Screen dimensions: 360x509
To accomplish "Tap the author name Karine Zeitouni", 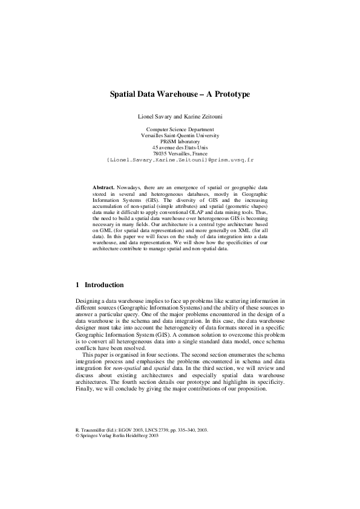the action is point(201,115).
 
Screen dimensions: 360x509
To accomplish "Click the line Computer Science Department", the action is point(180,129).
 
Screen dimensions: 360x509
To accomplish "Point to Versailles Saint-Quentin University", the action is point(180,136).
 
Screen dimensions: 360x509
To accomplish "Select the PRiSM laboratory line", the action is point(180,142).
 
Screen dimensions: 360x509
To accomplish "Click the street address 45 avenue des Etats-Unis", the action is point(180,148).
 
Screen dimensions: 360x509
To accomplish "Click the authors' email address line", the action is point(180,161).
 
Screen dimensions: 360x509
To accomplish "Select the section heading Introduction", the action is point(104,285).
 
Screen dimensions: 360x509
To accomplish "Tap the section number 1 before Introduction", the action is point(77,285).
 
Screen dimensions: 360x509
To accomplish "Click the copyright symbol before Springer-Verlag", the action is point(77,435).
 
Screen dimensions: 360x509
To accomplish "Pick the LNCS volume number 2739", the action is point(153,430).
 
